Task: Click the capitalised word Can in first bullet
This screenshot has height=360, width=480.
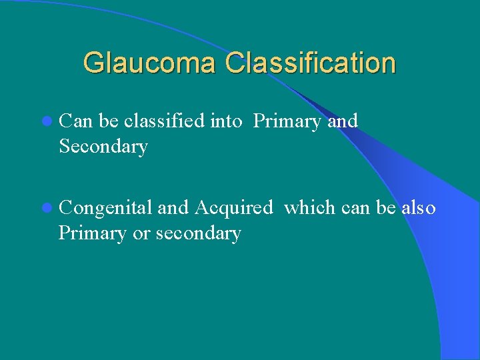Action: click(75, 121)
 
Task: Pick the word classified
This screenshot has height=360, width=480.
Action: click(163, 121)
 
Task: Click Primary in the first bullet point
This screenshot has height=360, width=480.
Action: click(288, 122)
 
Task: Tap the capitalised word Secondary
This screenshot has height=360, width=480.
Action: click(103, 147)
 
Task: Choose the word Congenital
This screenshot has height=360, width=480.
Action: click(105, 209)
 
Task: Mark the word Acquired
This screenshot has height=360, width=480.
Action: click(233, 209)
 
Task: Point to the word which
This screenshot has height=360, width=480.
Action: click(309, 208)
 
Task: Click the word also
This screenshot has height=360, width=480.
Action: click(419, 208)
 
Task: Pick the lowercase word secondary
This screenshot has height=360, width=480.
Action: click(198, 234)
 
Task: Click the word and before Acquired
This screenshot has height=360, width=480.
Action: click(173, 208)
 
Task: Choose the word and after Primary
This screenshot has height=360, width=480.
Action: click(343, 121)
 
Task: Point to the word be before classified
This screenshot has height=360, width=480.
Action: click(109, 121)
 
